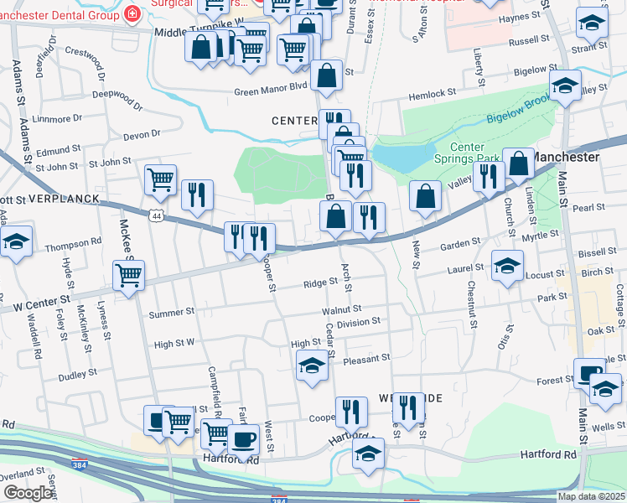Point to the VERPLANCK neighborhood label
[x=63, y=200]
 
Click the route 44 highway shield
[x=158, y=216]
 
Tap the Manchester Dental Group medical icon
[x=131, y=13]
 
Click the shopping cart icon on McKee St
[x=128, y=274]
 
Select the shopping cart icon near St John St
[x=159, y=179]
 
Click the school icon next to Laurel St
[x=506, y=266]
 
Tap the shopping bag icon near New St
[x=426, y=196]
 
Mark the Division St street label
[x=358, y=321]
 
